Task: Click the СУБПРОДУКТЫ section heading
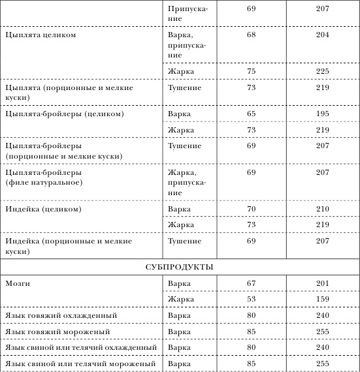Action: pos(180,267)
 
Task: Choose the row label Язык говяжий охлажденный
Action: pos(61,316)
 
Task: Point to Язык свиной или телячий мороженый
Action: pos(80,363)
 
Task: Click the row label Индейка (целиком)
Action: pos(42,209)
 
